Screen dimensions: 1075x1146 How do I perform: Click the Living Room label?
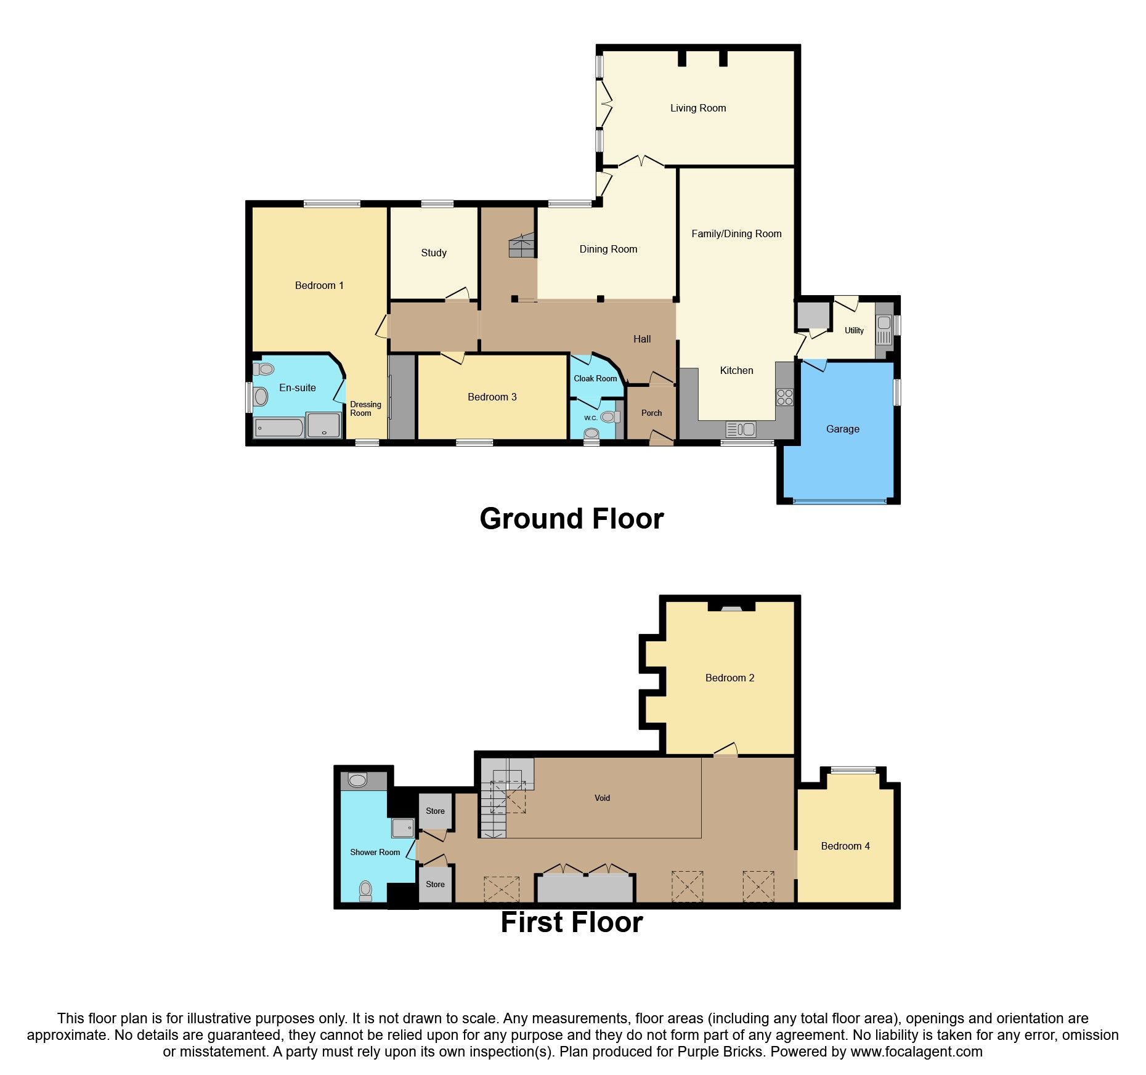coord(698,108)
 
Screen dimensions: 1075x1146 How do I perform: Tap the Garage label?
coord(842,429)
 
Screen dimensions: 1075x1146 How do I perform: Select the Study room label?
coord(434,253)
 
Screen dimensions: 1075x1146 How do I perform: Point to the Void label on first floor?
coord(602,798)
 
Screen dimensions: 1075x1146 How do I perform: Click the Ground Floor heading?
coord(572,519)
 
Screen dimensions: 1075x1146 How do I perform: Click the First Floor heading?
coord(572,922)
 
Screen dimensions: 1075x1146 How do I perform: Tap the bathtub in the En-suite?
coord(278,428)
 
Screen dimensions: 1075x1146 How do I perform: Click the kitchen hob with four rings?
coord(785,397)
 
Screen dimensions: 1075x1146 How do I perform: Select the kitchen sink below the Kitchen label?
coord(741,429)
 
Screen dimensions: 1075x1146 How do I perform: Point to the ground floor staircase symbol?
coord(521,245)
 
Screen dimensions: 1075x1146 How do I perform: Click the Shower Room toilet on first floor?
coord(365,890)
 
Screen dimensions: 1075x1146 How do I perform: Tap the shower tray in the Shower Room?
coord(402,827)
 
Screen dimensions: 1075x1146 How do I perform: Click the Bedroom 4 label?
coord(845,846)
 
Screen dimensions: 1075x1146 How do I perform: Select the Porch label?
coord(651,413)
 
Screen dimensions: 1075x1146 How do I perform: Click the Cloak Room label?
coord(595,379)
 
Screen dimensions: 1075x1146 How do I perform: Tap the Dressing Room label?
coord(365,409)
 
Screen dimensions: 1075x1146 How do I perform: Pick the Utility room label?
coord(854,331)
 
